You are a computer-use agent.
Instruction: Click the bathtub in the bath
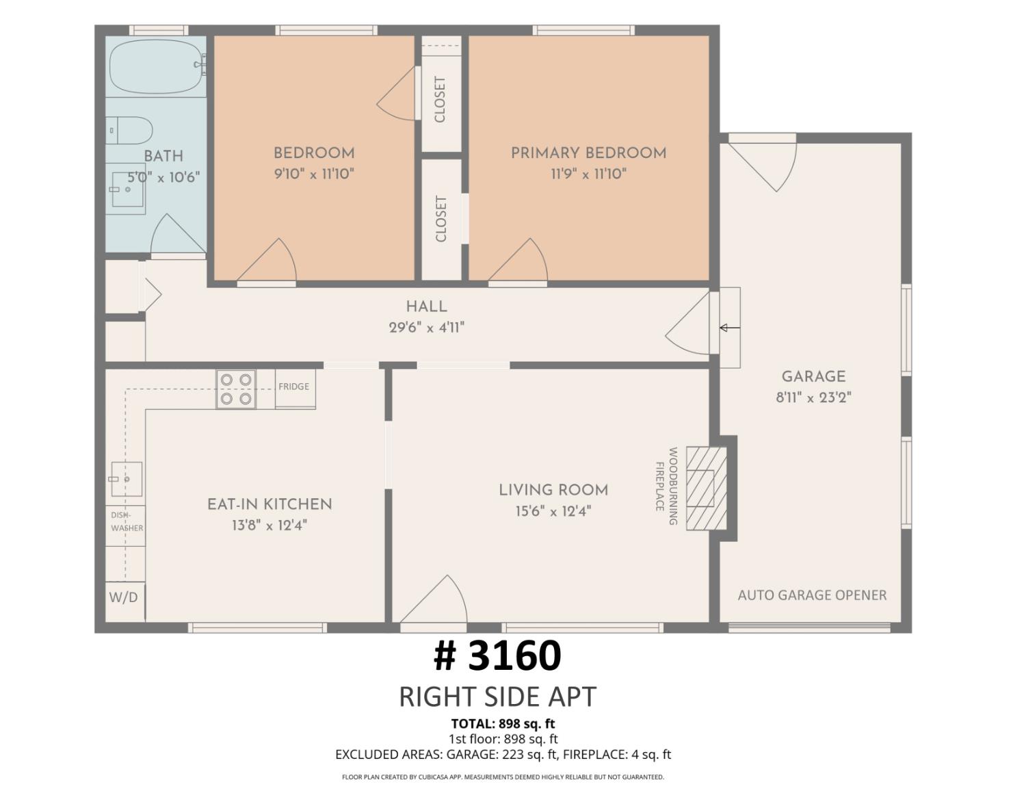pos(157,66)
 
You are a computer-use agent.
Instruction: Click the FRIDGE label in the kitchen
pos(293,387)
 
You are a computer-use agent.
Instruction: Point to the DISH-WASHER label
pos(127,521)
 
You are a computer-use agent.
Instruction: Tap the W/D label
pos(123,597)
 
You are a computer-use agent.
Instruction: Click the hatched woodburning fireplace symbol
pos(706,489)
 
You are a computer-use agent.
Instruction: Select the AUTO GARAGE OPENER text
pos(812,595)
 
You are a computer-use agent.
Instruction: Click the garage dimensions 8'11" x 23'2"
pos(813,398)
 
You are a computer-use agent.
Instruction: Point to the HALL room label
pos(426,307)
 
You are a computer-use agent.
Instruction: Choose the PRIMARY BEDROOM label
pos(589,153)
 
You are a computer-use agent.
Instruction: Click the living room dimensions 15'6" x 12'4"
pos(553,512)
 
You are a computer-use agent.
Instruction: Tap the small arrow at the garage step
pos(729,327)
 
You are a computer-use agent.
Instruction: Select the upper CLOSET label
pos(440,100)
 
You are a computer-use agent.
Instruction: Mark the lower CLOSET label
pos(440,219)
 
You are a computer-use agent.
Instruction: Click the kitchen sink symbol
pos(127,479)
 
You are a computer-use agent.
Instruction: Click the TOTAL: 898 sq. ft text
pos(503,724)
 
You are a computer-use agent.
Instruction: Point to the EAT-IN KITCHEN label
pos(269,504)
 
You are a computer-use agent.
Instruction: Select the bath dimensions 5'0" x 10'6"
pos(164,178)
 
